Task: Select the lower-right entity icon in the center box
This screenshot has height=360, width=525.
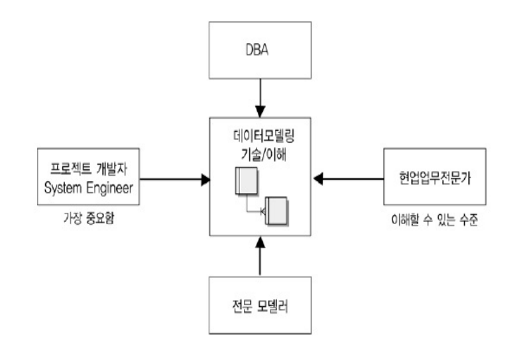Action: (275, 210)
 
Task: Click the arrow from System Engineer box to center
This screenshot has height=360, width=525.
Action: (172, 178)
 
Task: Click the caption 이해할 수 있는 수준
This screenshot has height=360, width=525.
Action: (435, 217)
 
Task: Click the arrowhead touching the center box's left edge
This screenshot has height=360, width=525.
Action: (205, 178)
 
